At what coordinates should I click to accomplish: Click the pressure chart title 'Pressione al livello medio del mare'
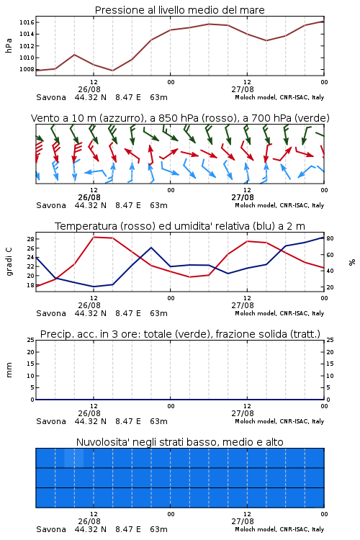click(179, 10)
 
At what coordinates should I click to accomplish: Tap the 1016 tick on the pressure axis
click(27, 22)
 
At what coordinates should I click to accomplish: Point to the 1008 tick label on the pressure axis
click(27, 69)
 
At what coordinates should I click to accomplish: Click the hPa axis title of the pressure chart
click(9, 45)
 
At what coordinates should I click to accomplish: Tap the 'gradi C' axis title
click(9, 262)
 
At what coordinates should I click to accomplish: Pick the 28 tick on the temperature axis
click(30, 238)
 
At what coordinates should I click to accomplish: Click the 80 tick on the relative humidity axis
click(330, 238)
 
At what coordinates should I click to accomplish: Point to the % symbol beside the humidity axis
click(352, 262)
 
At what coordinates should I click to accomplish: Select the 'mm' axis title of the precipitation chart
click(9, 370)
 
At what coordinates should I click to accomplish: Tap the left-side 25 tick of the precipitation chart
click(30, 340)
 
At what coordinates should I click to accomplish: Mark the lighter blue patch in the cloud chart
click(73, 458)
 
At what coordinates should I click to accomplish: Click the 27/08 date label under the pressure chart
click(243, 89)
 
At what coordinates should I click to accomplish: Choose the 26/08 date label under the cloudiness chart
click(89, 521)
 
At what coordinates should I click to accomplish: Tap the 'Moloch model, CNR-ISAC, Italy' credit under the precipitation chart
click(279, 421)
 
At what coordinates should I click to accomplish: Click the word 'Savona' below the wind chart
click(51, 205)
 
